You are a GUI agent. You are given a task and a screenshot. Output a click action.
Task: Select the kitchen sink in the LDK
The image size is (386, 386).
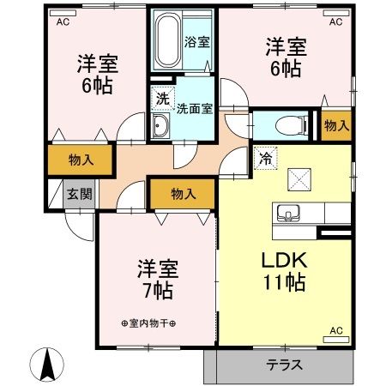(287, 213)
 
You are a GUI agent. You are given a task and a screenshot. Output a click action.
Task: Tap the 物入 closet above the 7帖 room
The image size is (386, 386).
(181, 194)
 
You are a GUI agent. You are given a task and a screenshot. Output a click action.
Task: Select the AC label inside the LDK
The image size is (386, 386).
(336, 330)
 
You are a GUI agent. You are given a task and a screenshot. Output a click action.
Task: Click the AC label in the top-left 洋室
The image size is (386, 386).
(63, 23)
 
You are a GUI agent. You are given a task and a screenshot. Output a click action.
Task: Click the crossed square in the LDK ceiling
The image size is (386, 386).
(299, 178)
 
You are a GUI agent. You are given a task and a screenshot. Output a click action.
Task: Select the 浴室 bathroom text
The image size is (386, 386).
(196, 40)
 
